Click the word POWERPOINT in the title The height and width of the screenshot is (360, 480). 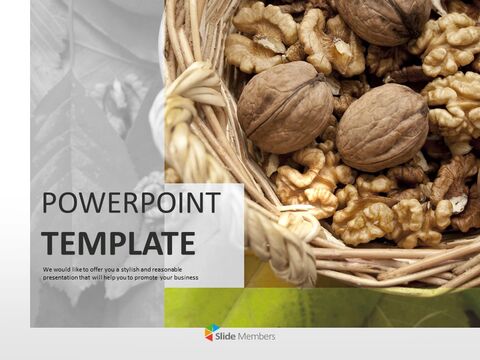pyautogui.click(x=131, y=203)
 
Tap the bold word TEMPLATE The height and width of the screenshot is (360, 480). pyautogui.click(x=119, y=243)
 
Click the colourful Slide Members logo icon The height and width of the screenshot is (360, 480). pyautogui.click(x=212, y=334)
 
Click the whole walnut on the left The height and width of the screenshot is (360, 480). pyautogui.click(x=285, y=106)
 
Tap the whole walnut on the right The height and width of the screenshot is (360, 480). pyautogui.click(x=381, y=127)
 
